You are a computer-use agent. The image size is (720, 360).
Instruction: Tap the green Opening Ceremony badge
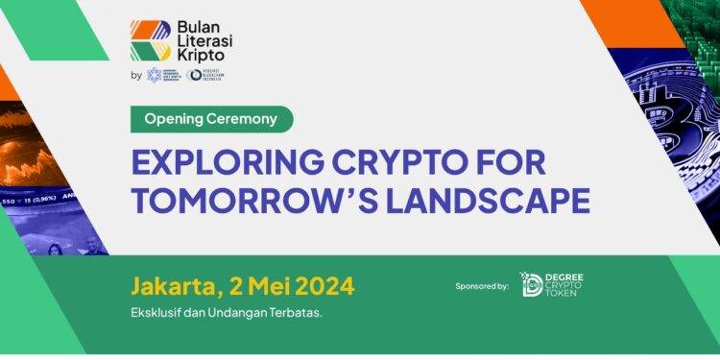pyautogui.click(x=210, y=119)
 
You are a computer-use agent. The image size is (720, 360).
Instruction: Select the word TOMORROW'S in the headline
pyautogui.click(x=254, y=201)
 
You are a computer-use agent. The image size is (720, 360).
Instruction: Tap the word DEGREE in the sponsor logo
pyautogui.click(x=565, y=276)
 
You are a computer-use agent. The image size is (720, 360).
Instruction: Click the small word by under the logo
pyautogui.click(x=136, y=76)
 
